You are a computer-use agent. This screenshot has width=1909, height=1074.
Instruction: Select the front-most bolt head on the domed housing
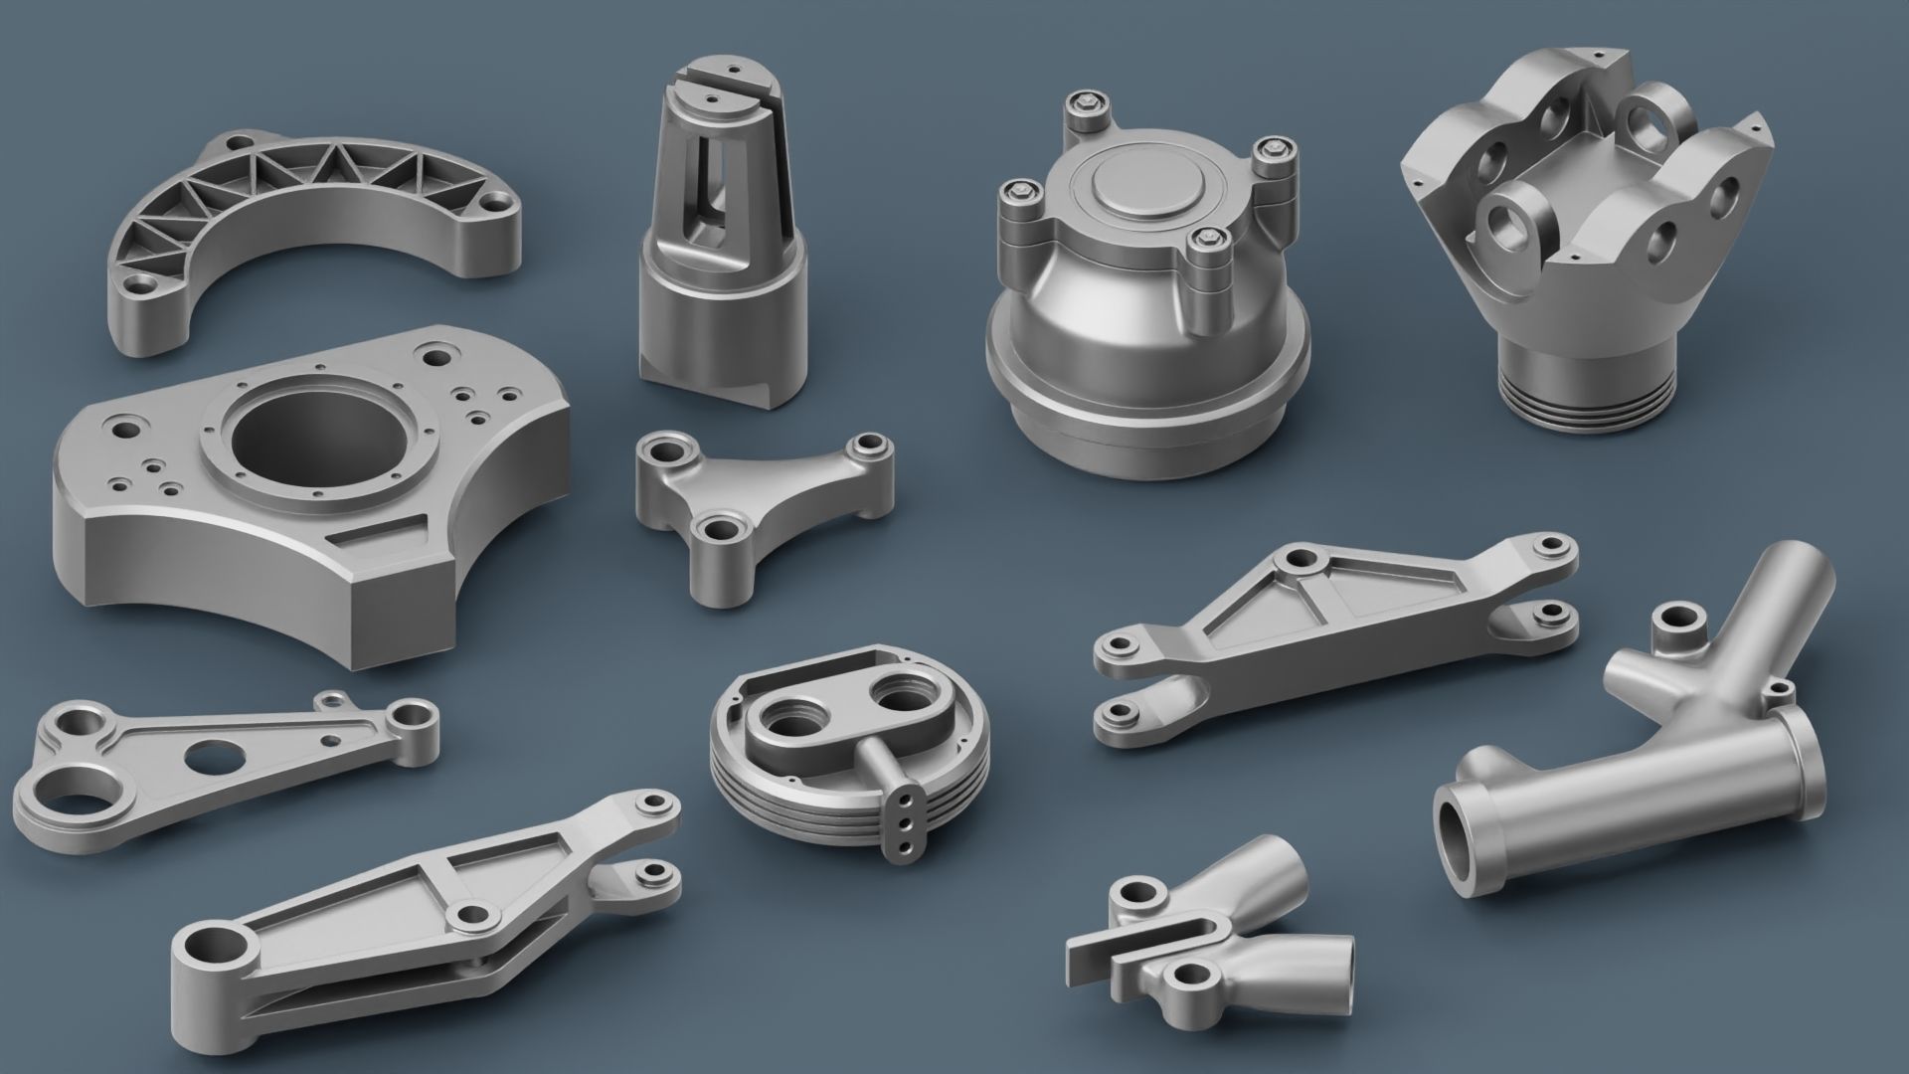[1206, 239]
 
